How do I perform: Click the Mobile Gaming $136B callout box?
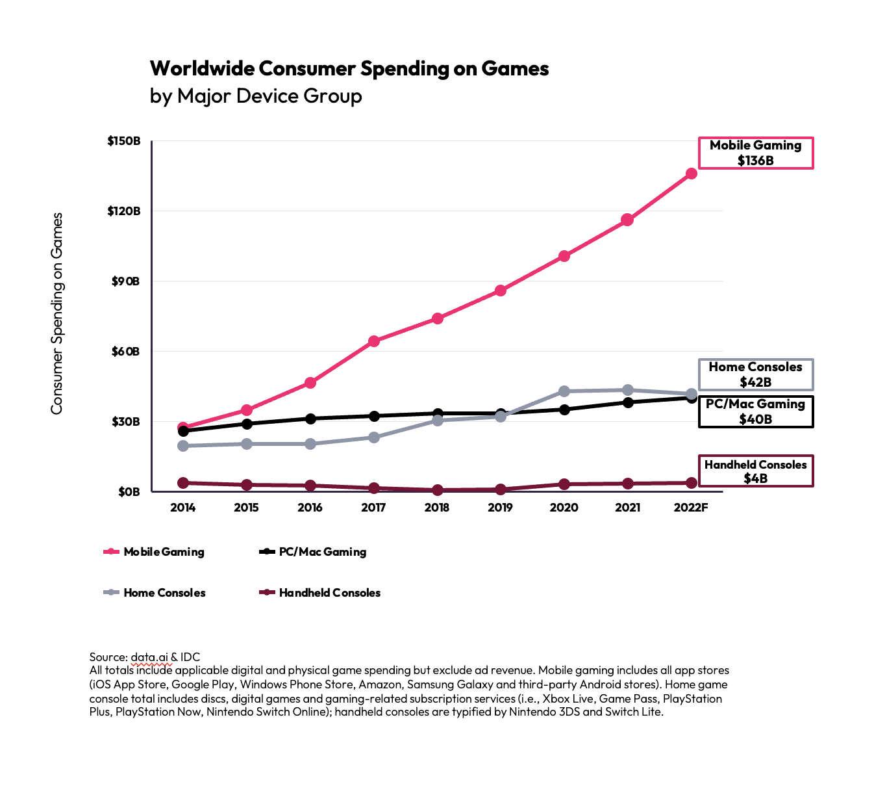[755, 153]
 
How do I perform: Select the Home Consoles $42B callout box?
[755, 374]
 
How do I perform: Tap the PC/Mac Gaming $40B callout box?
[755, 411]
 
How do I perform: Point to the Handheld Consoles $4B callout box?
[755, 471]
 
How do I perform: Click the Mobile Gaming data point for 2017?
[373, 341]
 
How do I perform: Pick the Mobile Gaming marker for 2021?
[627, 220]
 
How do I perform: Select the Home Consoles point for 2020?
[564, 391]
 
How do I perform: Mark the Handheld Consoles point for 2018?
[437, 490]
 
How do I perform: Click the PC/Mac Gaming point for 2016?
[310, 419]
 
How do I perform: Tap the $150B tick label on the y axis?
[123, 141]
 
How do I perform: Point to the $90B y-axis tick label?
[125, 281]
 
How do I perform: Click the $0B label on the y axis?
[129, 492]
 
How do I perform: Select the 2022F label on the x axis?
[691, 508]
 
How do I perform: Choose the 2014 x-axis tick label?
[182, 508]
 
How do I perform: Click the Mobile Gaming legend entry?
[154, 552]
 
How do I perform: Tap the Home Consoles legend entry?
[155, 593]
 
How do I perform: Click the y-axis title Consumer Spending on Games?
[57, 313]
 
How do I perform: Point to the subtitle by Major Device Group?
[256, 96]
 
